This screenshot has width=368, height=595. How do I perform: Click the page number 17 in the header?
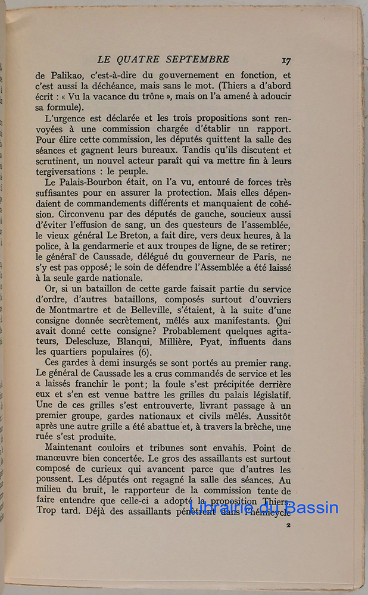[285, 59]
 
